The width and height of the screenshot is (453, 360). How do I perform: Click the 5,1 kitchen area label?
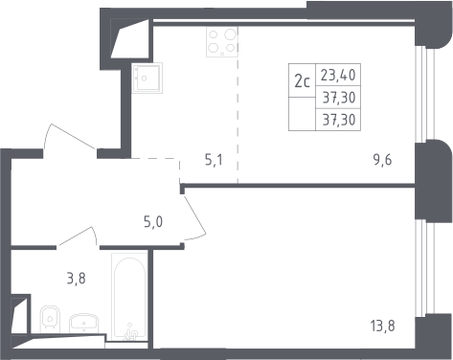[x=214, y=160]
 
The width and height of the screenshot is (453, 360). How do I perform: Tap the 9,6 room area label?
[x=382, y=160]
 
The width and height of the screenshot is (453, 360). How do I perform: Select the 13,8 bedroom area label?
[x=382, y=326]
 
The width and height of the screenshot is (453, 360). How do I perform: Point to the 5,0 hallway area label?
[x=153, y=221]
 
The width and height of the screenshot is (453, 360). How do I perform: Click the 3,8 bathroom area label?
[x=77, y=279]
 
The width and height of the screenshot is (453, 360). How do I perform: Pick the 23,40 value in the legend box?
[x=338, y=76]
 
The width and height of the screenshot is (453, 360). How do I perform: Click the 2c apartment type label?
[x=302, y=81]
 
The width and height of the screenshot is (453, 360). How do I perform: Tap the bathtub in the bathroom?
[x=129, y=297]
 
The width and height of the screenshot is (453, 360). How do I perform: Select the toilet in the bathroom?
[x=50, y=319]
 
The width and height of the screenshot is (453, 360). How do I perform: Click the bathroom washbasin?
[x=83, y=323]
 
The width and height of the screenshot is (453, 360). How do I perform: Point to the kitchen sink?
[x=147, y=78]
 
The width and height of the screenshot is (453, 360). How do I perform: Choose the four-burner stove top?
[x=222, y=42]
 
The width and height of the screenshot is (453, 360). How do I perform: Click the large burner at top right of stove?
[x=231, y=34]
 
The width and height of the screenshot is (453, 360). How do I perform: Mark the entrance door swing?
[x=70, y=137]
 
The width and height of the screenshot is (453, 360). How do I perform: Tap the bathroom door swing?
[x=78, y=236]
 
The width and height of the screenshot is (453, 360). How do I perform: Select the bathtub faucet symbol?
[x=130, y=332]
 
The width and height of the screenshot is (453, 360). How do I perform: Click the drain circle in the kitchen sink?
[x=145, y=79]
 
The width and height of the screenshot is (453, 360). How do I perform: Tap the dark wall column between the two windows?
[x=434, y=180]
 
